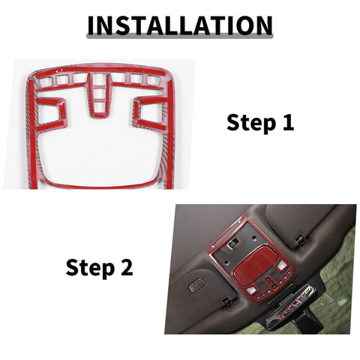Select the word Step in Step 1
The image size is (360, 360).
[247, 123]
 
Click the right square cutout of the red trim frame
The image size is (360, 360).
[146, 112]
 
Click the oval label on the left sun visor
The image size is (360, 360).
[197, 286]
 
